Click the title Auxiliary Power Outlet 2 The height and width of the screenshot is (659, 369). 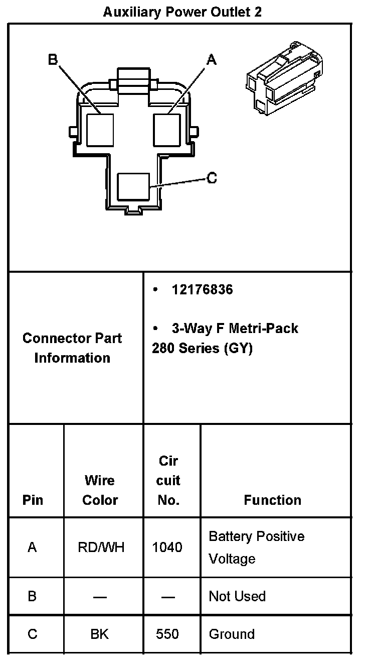(x=182, y=12)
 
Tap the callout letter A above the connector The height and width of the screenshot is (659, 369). (x=212, y=60)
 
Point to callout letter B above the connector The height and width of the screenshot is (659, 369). (x=53, y=60)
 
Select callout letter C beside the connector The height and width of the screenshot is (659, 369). (x=212, y=178)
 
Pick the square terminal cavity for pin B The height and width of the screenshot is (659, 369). (x=100, y=129)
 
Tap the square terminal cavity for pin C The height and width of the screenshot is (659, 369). (x=133, y=187)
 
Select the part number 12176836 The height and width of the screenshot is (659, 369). (x=202, y=290)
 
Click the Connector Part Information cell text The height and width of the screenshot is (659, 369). (x=72, y=348)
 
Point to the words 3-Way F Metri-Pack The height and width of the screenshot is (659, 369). (x=235, y=328)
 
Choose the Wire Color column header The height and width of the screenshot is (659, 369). (x=100, y=490)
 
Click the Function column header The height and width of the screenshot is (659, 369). (x=272, y=500)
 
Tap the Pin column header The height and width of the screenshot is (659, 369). (x=33, y=500)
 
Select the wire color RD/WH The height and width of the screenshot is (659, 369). (x=101, y=547)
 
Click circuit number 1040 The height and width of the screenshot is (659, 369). (x=167, y=547)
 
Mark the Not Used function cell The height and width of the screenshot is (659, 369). (x=237, y=596)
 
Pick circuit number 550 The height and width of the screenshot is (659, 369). (x=167, y=634)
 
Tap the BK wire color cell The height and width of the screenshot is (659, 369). (x=100, y=634)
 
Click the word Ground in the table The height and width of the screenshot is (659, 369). (x=232, y=634)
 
